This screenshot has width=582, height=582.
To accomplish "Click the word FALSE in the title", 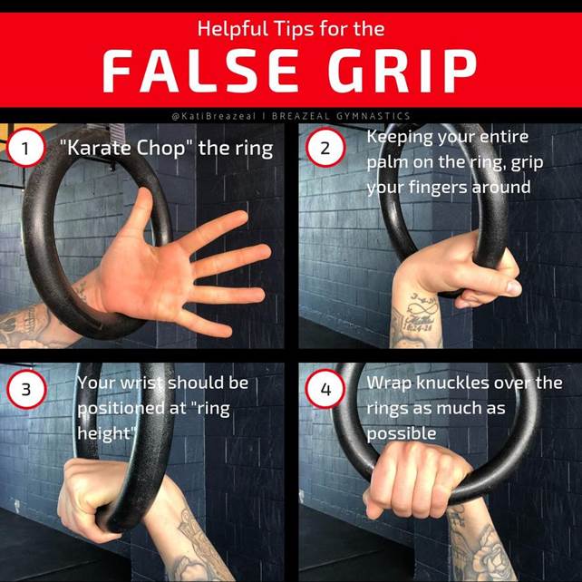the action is [200, 71].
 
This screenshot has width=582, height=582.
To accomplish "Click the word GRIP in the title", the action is [402, 71].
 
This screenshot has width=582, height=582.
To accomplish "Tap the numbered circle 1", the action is [25, 148].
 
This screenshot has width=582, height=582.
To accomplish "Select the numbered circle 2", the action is [325, 148].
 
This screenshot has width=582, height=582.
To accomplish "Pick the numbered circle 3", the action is [26, 390].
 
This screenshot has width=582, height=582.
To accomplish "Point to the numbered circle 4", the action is [325, 390].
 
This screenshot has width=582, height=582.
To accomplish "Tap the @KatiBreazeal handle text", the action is [214, 116].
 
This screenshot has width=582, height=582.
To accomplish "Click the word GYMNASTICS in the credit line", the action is [373, 116].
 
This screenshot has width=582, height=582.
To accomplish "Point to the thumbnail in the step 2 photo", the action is [514, 287].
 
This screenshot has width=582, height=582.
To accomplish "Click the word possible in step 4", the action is [402, 434].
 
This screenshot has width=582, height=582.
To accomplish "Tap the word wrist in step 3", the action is [142, 383].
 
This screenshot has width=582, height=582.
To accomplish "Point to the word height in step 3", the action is [104, 433].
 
